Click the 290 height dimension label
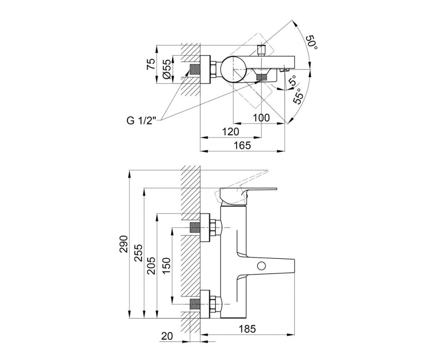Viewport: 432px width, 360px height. click(123, 244)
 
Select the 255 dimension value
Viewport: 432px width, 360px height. click(138, 253)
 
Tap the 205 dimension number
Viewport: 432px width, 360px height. click(151, 266)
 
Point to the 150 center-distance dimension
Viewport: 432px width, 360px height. click(166, 266)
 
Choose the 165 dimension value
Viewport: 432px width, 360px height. click(242, 145)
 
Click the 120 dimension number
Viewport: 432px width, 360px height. click(230, 132)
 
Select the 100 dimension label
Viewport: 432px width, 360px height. click(261, 118)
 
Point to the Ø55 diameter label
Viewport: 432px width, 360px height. click(167, 69)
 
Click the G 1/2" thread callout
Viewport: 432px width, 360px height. click(142, 121)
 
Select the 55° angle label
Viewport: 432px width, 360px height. click(298, 96)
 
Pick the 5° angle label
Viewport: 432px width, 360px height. click(293, 81)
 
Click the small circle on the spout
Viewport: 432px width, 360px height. click(261, 266)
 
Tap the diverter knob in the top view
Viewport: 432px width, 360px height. click(261, 50)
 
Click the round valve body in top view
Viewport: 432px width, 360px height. click(233, 69)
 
